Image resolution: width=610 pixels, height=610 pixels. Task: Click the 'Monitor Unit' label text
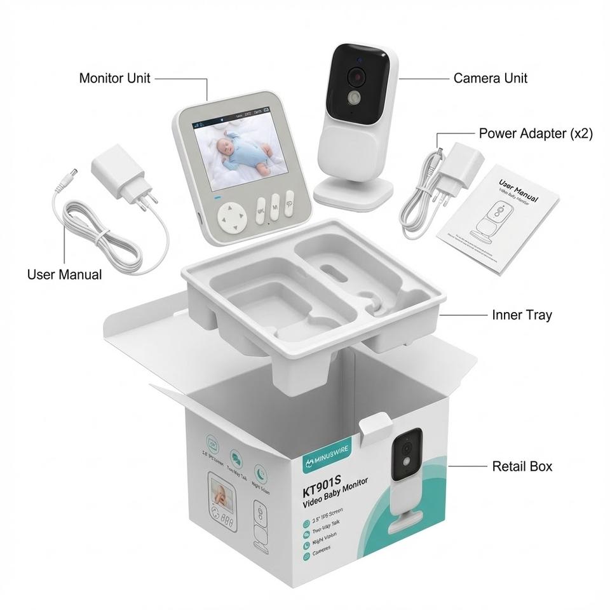(x=114, y=78)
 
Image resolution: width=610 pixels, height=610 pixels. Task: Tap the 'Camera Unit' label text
(x=490, y=78)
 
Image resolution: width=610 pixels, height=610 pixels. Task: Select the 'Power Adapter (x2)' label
(x=535, y=133)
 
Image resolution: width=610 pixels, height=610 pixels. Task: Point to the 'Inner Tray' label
(x=522, y=315)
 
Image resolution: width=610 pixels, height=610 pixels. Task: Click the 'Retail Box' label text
(x=522, y=466)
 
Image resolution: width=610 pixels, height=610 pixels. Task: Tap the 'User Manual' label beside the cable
(x=64, y=274)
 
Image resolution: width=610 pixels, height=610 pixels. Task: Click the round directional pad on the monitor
(x=232, y=218)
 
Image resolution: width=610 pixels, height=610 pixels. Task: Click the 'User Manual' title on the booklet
(x=518, y=190)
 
